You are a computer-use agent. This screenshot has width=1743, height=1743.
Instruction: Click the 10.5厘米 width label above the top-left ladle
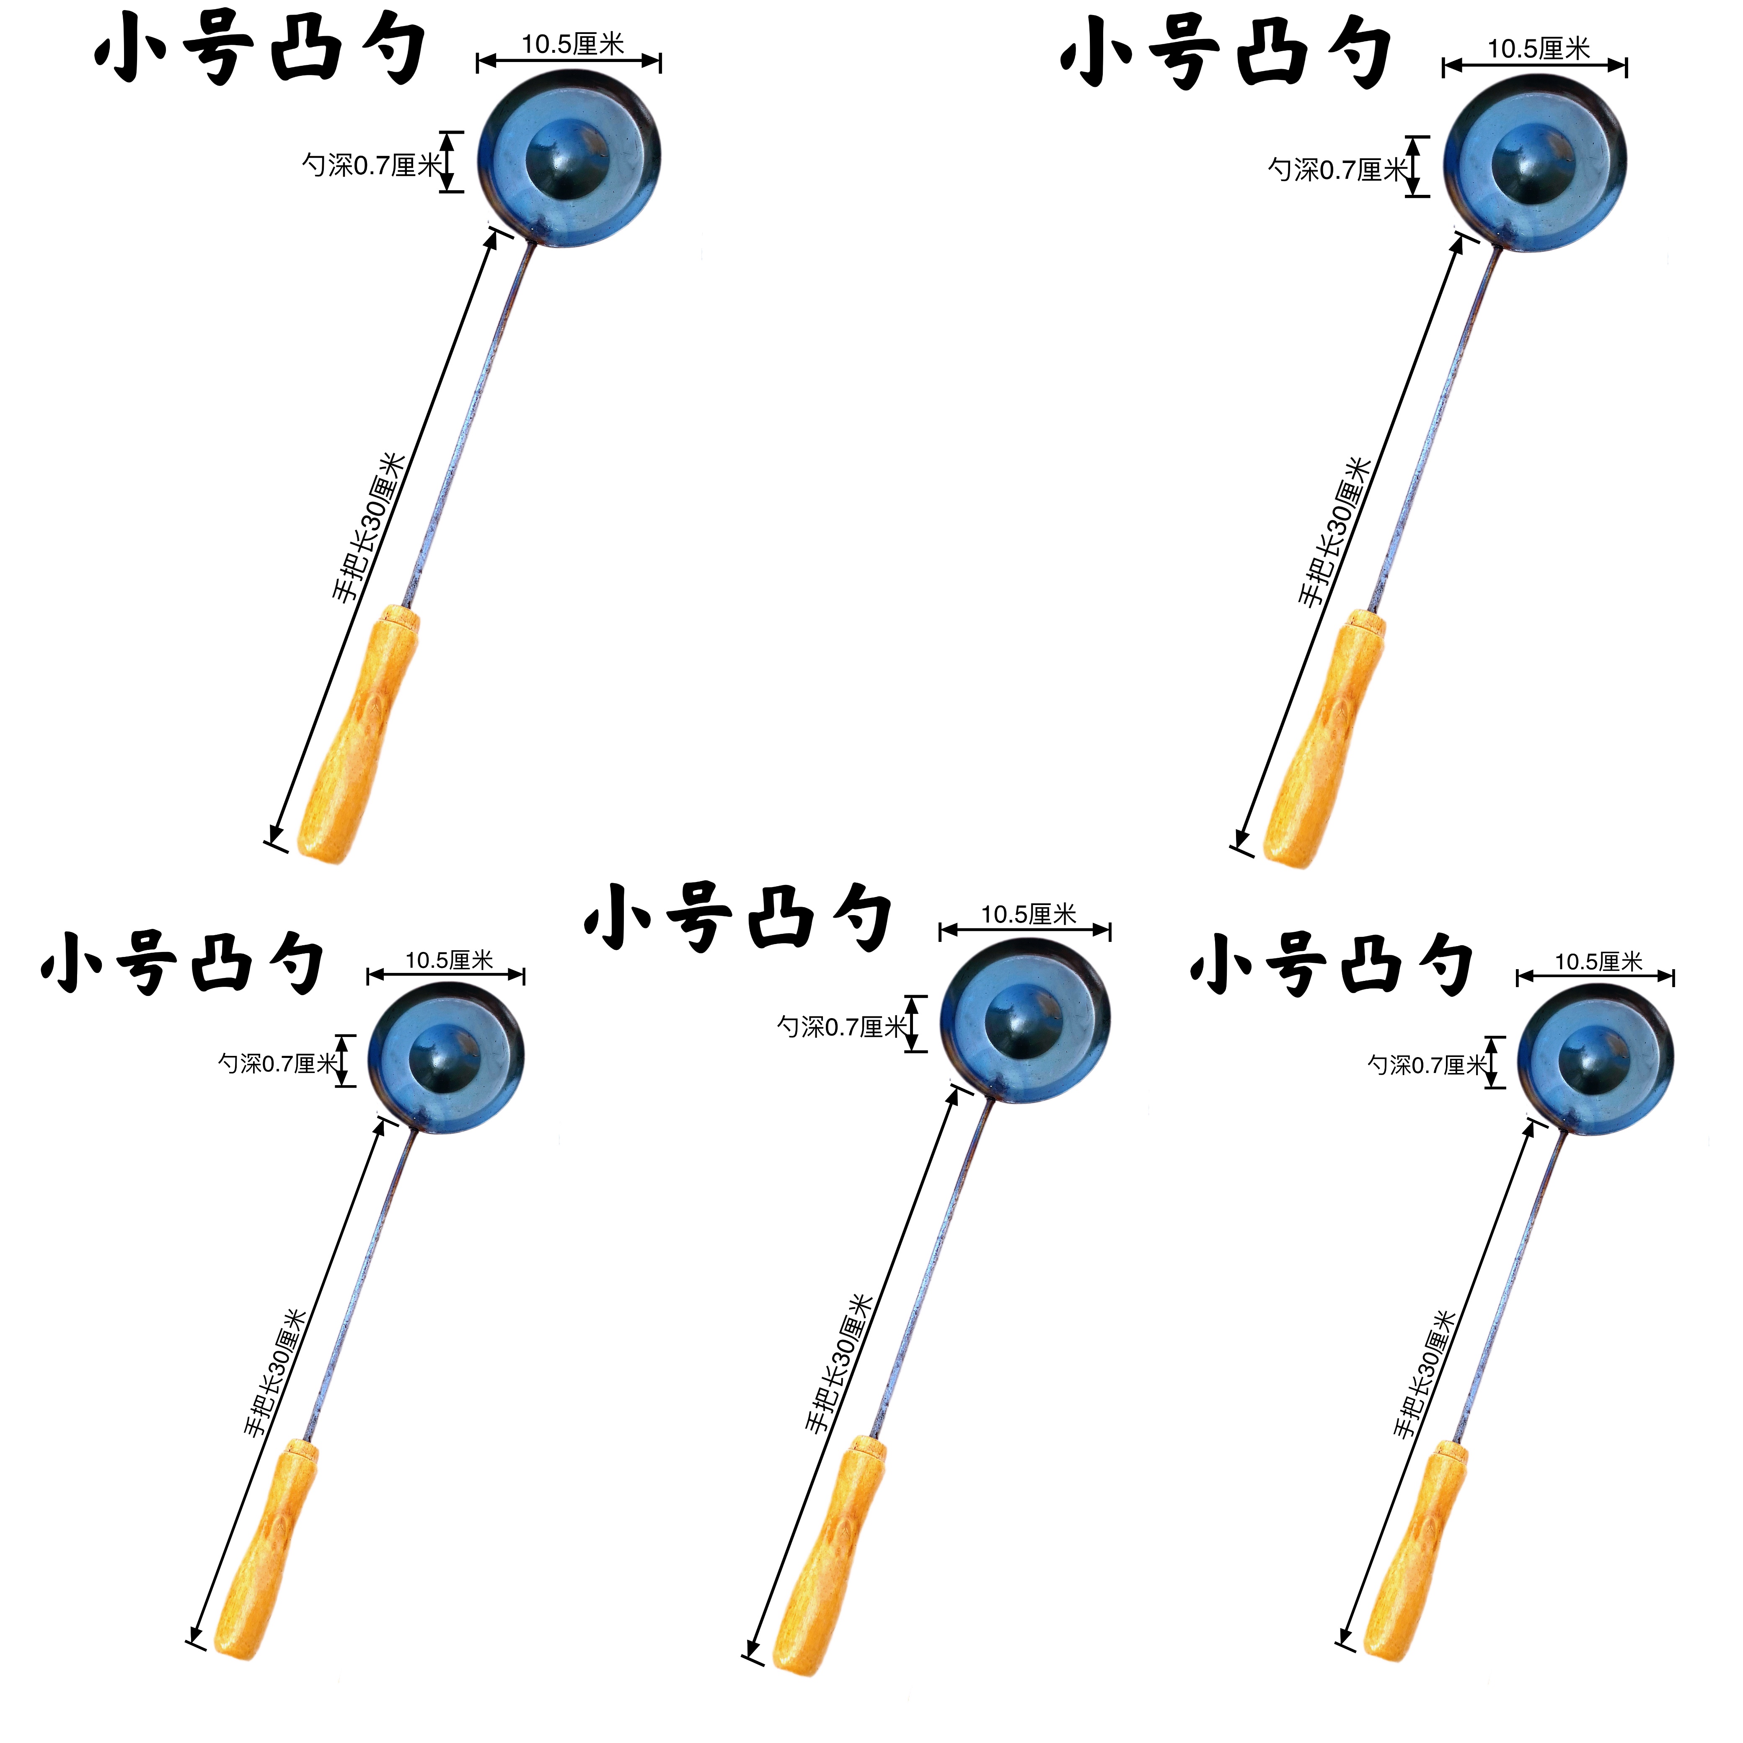click(x=573, y=43)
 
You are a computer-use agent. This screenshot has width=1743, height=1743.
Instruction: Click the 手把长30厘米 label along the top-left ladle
click(x=370, y=528)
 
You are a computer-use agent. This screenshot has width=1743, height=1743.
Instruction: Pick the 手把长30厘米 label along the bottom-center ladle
click(x=839, y=1362)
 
